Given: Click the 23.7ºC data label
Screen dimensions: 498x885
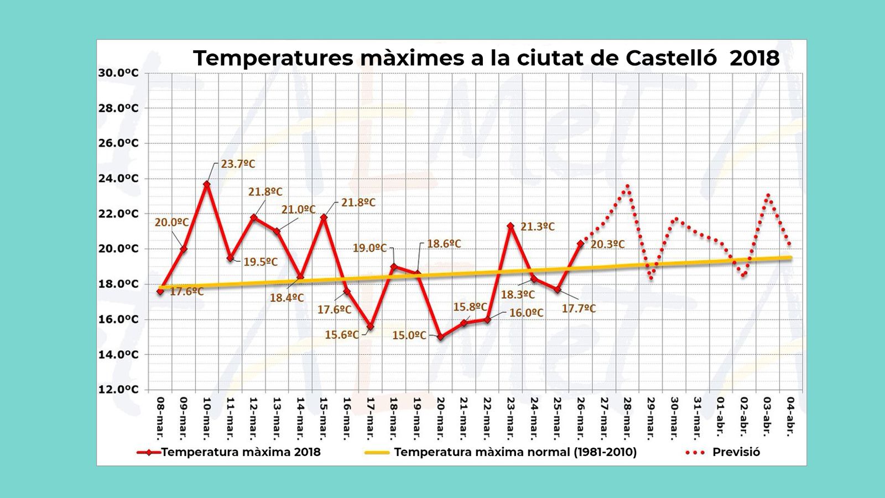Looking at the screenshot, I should (238, 164).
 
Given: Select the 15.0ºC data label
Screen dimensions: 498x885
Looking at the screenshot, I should (409, 335).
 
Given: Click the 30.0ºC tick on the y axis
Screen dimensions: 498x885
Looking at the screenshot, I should (118, 73).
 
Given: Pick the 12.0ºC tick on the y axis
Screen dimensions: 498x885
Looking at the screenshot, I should (118, 390).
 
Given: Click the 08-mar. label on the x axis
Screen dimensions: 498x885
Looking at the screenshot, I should (160, 418).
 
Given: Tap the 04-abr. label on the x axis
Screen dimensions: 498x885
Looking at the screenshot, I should (791, 418).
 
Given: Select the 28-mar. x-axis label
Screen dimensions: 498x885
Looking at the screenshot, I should (627, 418).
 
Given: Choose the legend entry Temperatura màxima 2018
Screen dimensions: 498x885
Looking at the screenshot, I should (241, 452).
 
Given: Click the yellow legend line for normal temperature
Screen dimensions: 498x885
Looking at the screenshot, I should (377, 452).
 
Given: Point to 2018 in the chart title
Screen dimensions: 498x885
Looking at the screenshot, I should (754, 58).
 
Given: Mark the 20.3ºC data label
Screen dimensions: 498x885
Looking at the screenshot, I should (607, 244).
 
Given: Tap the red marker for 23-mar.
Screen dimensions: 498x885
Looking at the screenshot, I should (511, 226).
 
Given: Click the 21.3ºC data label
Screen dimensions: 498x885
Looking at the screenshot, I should (537, 227).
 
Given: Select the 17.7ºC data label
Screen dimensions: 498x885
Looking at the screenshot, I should (579, 309).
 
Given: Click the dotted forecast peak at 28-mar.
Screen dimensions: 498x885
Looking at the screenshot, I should (627, 186).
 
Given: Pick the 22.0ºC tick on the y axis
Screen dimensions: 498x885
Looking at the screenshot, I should (118, 214).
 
